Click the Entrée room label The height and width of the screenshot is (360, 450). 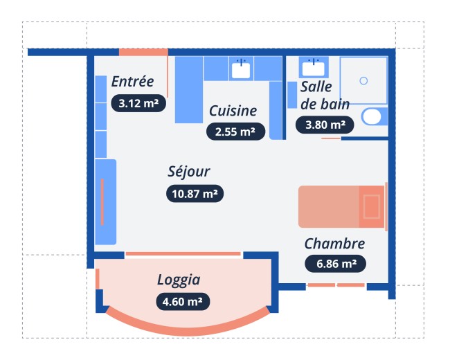coord(133,82)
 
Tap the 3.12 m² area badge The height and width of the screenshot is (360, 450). coord(138,103)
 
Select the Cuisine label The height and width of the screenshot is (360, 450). coord(233,111)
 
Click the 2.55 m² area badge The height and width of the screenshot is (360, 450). coord(235,132)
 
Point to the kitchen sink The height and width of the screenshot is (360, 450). coord(241,69)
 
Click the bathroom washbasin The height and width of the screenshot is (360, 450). coord(314,68)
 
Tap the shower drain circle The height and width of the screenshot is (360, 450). coord(363,81)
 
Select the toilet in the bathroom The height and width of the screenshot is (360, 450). coord(375,116)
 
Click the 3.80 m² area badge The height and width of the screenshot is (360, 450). coord(325,125)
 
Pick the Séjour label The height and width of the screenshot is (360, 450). coord(189,172)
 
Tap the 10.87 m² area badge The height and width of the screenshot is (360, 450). coord(195,194)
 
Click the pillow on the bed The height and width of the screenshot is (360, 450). coord(372,206)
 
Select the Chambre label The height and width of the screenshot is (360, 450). coord(334,244)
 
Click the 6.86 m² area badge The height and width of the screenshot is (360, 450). coord(336,264)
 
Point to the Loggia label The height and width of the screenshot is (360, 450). coord(179,280)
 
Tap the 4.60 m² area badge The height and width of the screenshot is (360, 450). coord(183,302)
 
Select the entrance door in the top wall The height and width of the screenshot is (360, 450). coord(143,52)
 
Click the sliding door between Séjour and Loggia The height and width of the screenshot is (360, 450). coord(183,254)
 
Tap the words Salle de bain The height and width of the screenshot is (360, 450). coord(325,96)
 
